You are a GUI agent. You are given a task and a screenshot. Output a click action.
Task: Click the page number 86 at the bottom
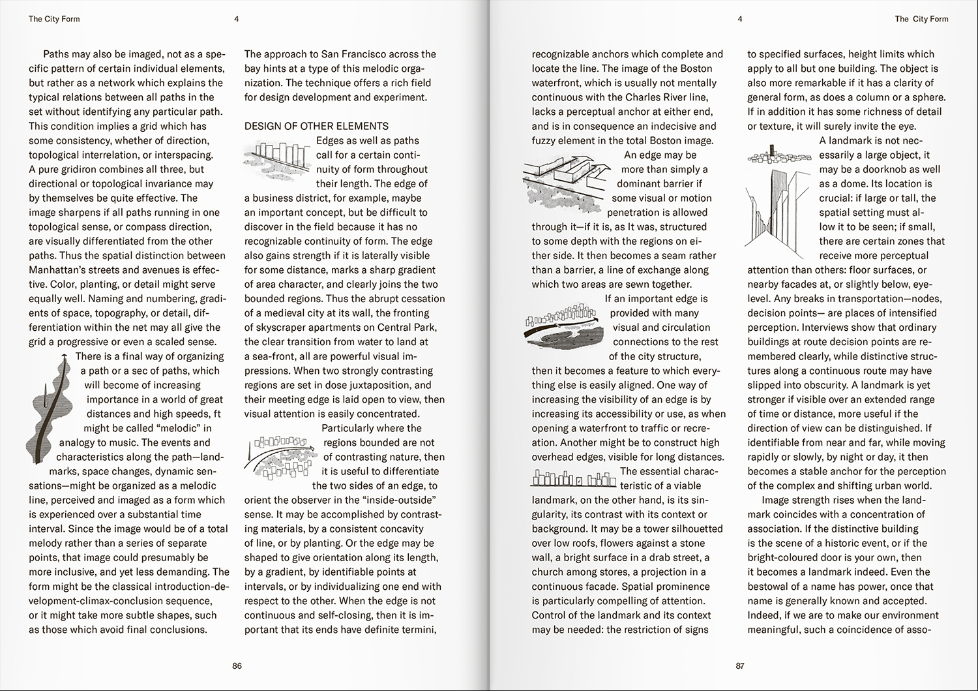click(x=237, y=666)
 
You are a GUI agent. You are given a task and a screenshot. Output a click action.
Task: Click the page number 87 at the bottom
click(x=739, y=666)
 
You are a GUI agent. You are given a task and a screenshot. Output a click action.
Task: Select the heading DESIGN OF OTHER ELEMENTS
click(x=316, y=126)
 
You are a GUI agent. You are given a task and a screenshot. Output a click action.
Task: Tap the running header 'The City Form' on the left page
click(x=54, y=19)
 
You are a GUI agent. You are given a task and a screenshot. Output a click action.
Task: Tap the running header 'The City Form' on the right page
click(x=921, y=19)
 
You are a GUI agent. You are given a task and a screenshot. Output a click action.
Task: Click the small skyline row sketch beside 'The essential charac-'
click(x=574, y=479)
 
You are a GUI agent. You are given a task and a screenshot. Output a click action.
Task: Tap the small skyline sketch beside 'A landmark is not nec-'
click(x=779, y=157)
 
